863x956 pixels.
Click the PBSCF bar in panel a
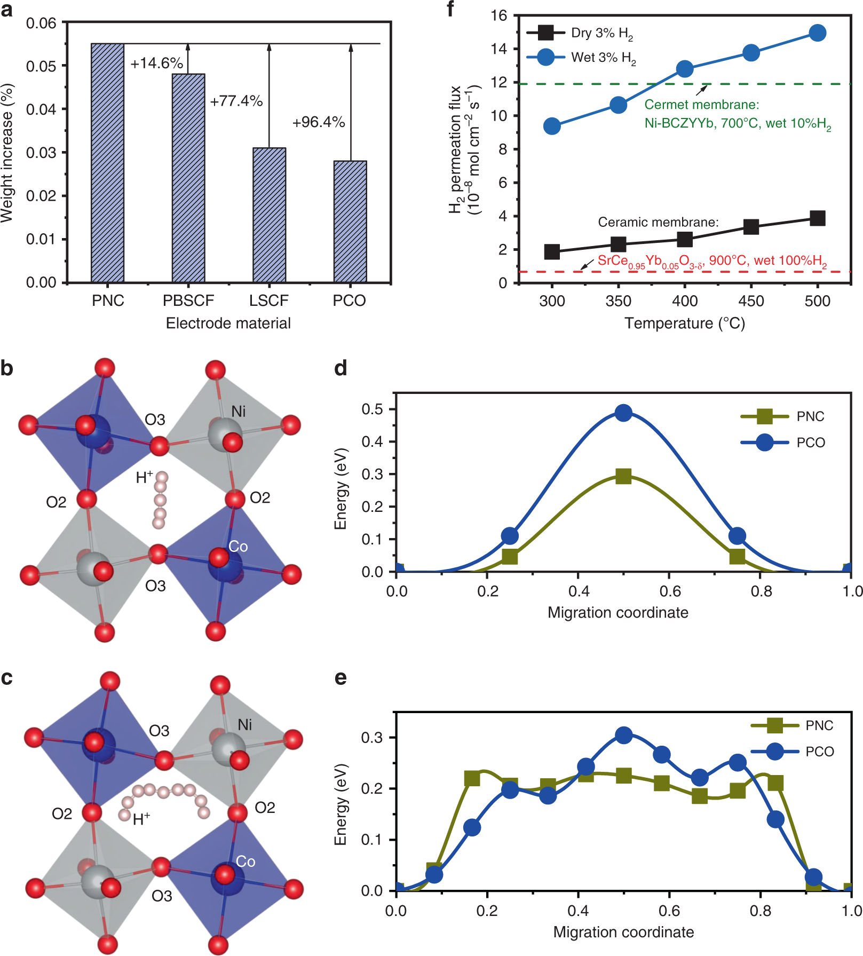tap(188, 178)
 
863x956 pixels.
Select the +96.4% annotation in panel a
tap(318, 122)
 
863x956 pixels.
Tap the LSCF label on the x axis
tap(268, 301)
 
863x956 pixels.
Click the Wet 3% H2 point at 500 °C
tap(817, 33)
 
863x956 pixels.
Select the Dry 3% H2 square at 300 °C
tap(552, 251)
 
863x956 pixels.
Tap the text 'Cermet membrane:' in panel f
tap(701, 105)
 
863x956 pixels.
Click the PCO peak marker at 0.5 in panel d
tap(623, 413)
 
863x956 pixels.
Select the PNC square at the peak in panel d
tap(623, 476)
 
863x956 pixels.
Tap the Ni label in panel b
tap(239, 411)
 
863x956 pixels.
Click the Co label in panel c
tap(246, 861)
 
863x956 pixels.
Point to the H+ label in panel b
tap(144, 477)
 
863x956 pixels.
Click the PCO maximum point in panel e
tap(623, 735)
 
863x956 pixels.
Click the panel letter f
tap(450, 9)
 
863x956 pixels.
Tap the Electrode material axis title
tap(228, 323)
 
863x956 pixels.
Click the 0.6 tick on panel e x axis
tap(669, 911)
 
